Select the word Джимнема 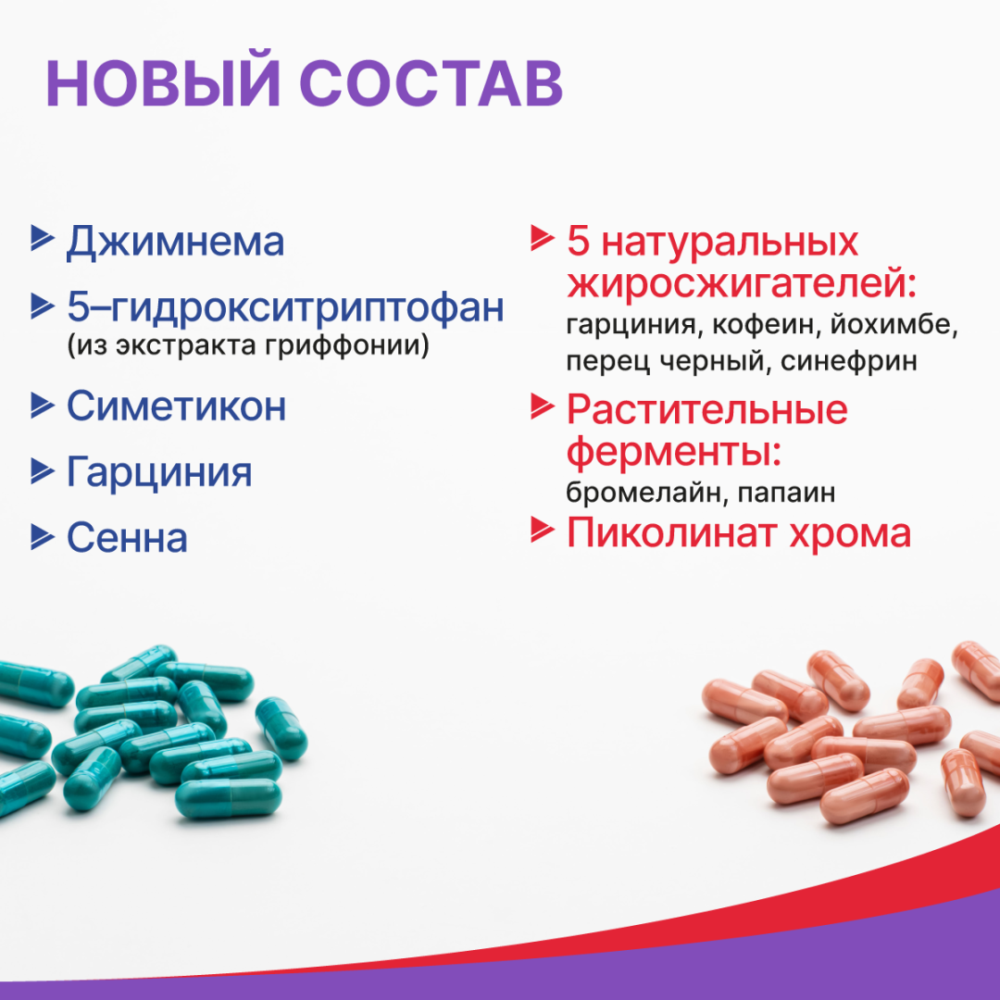coord(175,242)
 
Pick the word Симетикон coord(176,406)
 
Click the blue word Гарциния coord(159,472)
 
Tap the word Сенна coord(127,538)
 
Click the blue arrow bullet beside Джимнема coord(42,238)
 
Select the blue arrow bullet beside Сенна coord(42,535)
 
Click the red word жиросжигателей coord(741,284)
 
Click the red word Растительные coord(706,408)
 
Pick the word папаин coord(787,493)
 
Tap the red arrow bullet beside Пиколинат coord(542,530)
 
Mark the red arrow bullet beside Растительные coord(542,405)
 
